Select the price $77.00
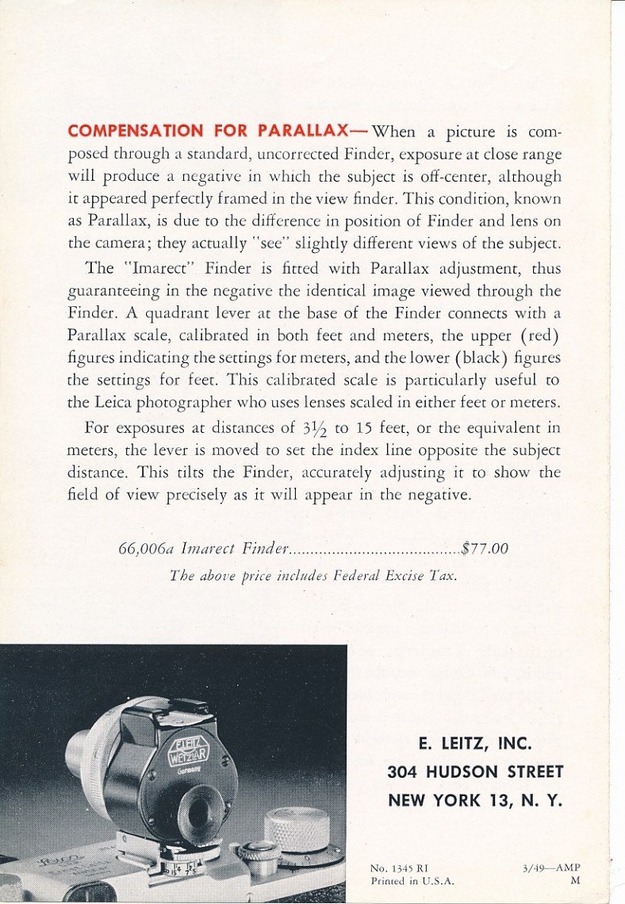click(485, 547)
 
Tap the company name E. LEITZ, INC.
click(474, 744)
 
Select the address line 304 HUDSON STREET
click(475, 772)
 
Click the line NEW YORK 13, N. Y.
click(475, 800)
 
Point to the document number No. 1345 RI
click(401, 868)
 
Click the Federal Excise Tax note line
click(313, 576)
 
